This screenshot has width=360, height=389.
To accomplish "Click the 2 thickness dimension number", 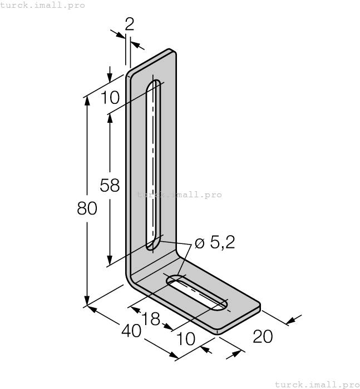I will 129,23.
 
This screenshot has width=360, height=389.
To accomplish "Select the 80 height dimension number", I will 87,208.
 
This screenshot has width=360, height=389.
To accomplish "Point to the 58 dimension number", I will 110,185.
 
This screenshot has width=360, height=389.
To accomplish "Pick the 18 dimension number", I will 151,318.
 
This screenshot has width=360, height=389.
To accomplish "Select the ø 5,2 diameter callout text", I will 215,242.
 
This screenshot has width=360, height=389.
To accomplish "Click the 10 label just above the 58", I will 110,98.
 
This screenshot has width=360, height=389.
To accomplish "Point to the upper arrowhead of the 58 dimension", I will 110,118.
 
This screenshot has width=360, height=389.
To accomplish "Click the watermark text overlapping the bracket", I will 179,195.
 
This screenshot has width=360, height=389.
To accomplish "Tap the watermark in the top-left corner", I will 43,5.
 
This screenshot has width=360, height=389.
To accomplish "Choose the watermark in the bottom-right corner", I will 317,384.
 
